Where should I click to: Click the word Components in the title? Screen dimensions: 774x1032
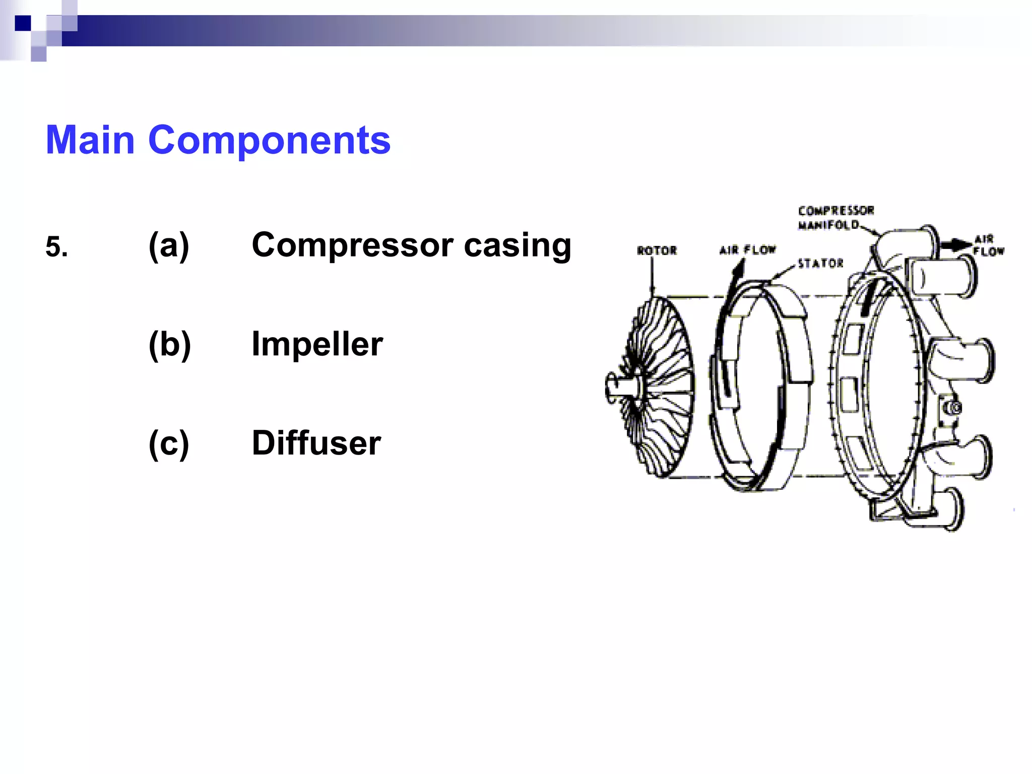tap(269, 140)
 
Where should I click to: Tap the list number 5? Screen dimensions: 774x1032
tap(56, 247)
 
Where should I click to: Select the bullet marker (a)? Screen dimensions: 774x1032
tap(169, 245)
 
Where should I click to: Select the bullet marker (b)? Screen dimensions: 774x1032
tap(169, 345)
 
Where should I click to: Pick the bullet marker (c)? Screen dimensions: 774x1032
tap(169, 443)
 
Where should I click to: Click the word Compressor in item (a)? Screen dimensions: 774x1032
tap(353, 245)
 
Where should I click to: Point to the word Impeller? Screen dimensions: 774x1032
tap(317, 345)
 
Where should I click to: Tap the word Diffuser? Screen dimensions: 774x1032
tap(316, 443)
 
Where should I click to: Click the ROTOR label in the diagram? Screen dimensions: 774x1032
tap(657, 250)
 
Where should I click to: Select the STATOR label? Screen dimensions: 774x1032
tap(820, 263)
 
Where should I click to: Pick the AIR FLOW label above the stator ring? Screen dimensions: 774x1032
tap(747, 250)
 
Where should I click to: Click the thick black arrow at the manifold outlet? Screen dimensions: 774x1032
tap(955, 245)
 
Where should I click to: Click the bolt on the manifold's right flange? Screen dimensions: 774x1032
tap(952, 407)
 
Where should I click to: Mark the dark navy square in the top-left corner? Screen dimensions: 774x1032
tap(23, 23)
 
